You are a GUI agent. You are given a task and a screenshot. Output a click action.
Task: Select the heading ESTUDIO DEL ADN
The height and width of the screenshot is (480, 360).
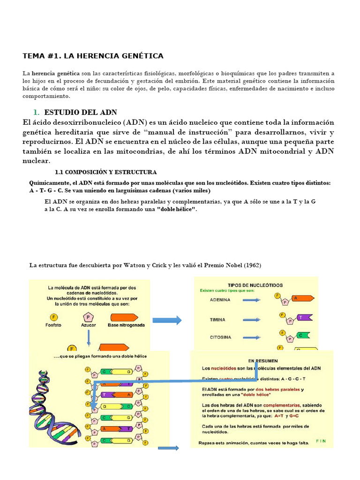[x=80, y=112]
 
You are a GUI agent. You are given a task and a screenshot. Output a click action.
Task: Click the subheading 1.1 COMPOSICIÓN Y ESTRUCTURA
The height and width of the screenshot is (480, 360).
[x=106, y=172]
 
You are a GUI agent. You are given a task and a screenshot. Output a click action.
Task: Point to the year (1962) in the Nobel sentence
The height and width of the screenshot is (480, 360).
[x=252, y=265]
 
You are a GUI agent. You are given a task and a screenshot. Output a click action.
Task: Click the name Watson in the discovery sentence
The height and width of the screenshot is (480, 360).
[x=134, y=265]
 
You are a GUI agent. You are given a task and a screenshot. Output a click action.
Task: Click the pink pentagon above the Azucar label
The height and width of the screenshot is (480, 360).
[x=88, y=317]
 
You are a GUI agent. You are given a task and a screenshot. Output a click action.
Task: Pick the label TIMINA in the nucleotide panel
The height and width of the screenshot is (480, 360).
[x=217, y=320]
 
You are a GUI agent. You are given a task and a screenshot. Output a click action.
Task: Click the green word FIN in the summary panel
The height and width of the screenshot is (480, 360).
[x=321, y=441]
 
